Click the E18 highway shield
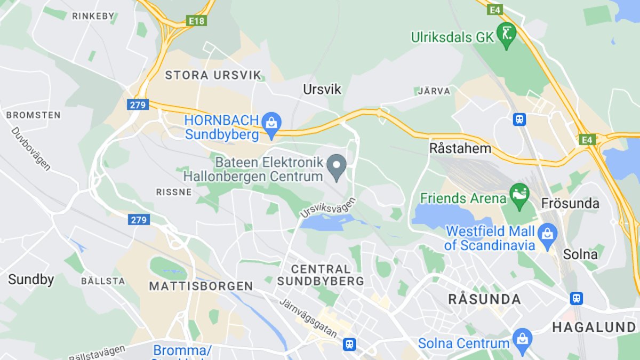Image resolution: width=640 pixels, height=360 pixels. (x=196, y=21)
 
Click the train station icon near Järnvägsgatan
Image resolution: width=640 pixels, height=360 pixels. (x=349, y=344)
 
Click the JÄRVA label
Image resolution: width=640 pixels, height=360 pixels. (x=434, y=91)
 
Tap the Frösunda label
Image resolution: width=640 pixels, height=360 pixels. (x=570, y=203)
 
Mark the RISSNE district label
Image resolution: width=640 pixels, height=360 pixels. (x=174, y=192)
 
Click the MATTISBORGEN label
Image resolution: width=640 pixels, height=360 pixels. (x=201, y=286)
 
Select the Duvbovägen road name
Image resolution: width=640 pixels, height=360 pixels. (x=31, y=149)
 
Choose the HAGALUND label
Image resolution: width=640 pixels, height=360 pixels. (x=594, y=327)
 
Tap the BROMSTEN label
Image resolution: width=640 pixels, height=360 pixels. (x=33, y=115)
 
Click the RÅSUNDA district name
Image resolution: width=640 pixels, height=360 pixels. (x=484, y=299)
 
